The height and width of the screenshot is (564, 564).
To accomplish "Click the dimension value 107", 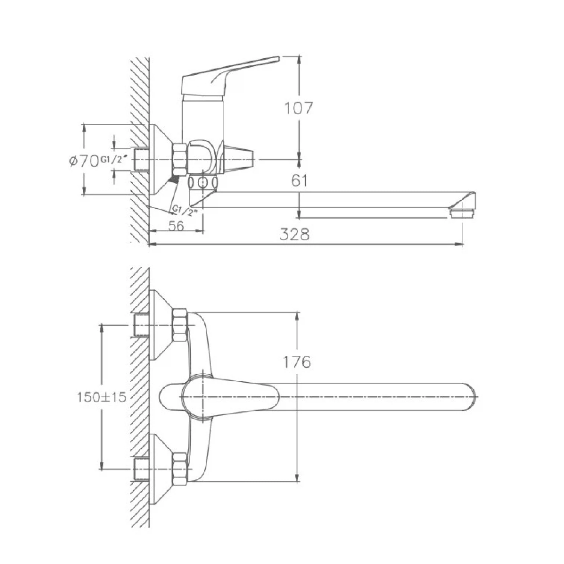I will pyautogui.click(x=298, y=109).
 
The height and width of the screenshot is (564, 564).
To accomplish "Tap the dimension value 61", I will pyautogui.click(x=299, y=181).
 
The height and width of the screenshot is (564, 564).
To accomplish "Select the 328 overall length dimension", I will pyautogui.click(x=295, y=234).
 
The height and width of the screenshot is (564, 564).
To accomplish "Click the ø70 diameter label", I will pyautogui.click(x=83, y=161).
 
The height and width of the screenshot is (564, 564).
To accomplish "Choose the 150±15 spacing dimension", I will pyautogui.click(x=101, y=397).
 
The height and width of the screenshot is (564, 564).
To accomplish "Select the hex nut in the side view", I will pyautogui.click(x=180, y=159).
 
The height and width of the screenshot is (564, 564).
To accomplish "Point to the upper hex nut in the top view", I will pyautogui.click(x=180, y=325).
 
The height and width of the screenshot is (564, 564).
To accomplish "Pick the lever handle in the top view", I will pyautogui.click(x=229, y=397).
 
